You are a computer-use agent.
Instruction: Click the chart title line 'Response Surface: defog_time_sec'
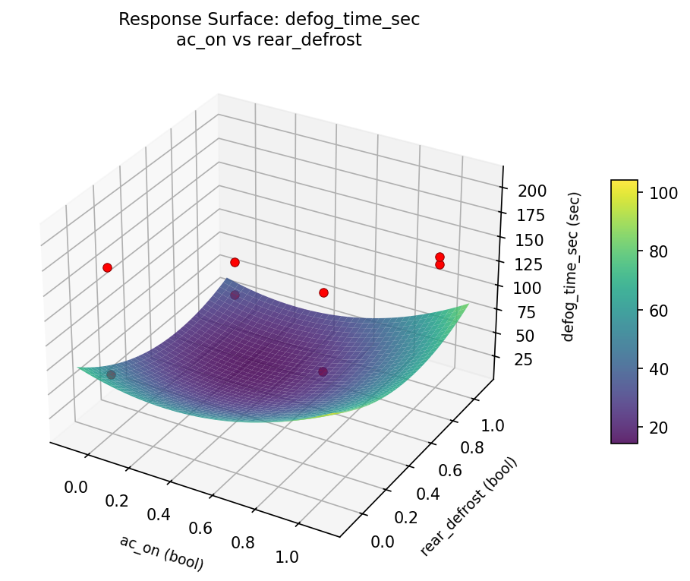click(269, 20)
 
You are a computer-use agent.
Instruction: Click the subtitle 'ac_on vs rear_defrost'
click(269, 40)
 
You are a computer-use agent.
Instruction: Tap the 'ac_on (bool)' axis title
click(161, 552)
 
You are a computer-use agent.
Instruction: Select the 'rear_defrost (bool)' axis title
click(468, 507)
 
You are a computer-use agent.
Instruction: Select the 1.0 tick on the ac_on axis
click(287, 556)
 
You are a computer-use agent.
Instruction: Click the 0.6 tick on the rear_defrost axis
click(451, 471)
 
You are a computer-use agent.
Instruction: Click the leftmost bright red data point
click(107, 267)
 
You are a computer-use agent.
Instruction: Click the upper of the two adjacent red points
click(440, 257)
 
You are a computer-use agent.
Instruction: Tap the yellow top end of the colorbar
click(624, 183)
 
